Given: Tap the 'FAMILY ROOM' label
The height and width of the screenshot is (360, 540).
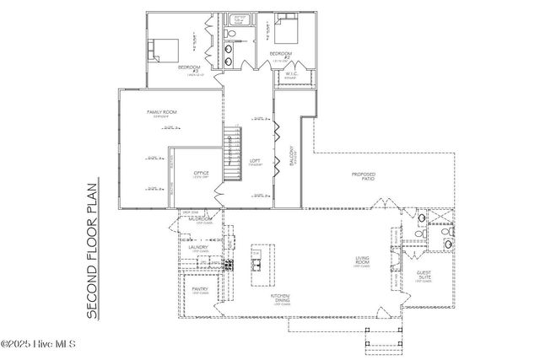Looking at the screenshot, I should pos(160,112).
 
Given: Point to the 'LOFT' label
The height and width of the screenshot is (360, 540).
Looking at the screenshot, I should pos(255,161).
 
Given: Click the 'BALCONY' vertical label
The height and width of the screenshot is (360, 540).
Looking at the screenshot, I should pos(293,160).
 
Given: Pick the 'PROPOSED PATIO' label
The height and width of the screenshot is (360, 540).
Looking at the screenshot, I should pos(364,176).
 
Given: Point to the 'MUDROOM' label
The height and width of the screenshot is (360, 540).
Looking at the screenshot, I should pos(200,220).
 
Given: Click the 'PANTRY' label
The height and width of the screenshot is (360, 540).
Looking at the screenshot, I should pos(199,289).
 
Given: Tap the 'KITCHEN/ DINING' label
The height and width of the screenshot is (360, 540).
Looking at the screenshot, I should pos(280,298).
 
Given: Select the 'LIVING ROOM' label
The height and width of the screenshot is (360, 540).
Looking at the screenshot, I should pos(364,263).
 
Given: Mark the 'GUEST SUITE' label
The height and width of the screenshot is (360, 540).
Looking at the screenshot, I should pos(424,276).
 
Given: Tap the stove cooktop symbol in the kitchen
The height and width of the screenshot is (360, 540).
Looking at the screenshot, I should pos(225,265).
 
